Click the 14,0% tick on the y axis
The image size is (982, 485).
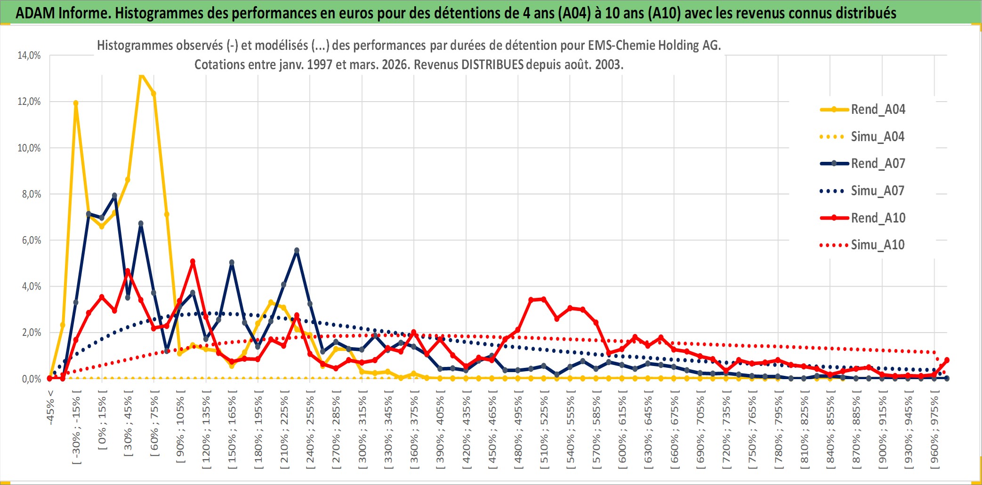[x=29, y=56]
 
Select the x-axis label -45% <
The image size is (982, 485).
[x=50, y=407]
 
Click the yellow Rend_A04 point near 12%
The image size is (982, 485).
[x=76, y=103]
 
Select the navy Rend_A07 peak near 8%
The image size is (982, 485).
[x=114, y=196]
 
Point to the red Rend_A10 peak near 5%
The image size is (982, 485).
[x=193, y=262]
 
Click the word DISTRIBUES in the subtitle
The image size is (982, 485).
[x=492, y=65]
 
